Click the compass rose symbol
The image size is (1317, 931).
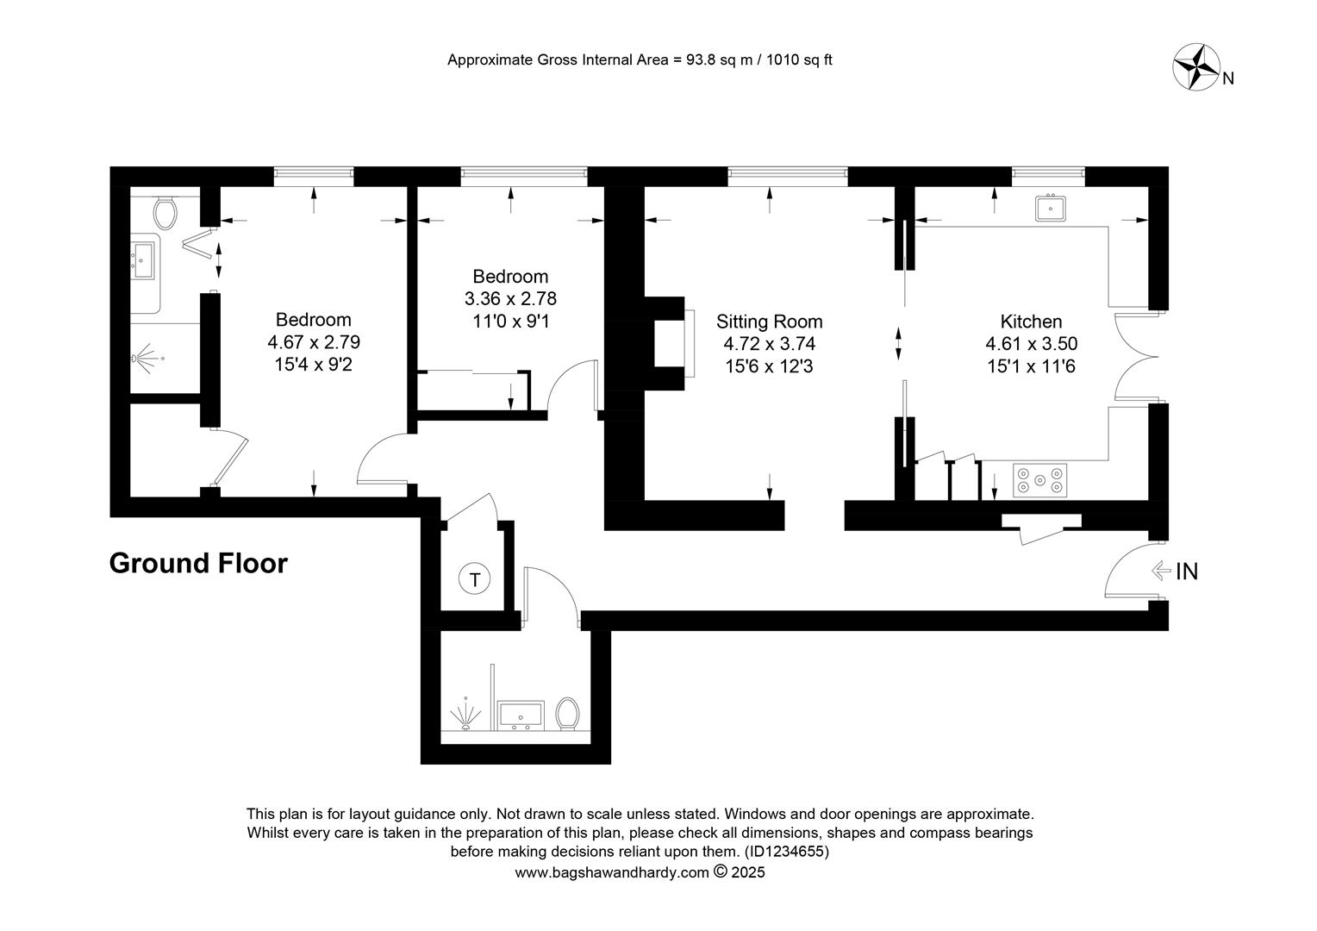(1195, 67)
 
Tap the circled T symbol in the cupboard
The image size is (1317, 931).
(474, 579)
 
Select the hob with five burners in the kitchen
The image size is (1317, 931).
(1039, 480)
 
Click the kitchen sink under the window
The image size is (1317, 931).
(1050, 208)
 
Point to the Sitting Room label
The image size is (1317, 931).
(769, 322)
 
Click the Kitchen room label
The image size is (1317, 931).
(1031, 322)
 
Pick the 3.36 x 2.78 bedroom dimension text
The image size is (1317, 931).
(510, 299)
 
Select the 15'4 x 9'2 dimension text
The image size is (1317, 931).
(314, 365)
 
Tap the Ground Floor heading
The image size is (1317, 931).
(198, 563)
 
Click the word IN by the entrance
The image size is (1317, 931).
(1187, 571)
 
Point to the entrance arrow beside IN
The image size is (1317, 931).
(1161, 571)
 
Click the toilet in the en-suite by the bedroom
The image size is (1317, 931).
(165, 213)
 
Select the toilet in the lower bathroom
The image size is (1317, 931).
(567, 714)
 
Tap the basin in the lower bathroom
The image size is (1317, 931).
(521, 715)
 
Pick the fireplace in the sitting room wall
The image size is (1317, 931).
(671, 343)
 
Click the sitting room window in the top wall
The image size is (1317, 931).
(788, 173)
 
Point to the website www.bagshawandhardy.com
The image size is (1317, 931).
(612, 872)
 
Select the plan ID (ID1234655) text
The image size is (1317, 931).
(787, 851)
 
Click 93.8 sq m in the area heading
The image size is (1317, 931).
(719, 60)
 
